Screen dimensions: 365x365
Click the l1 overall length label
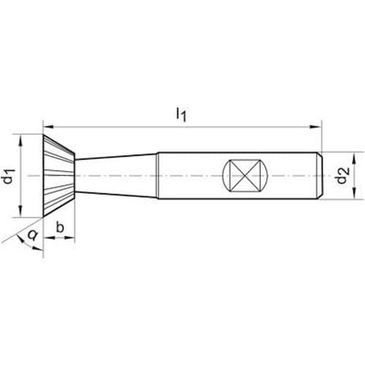point(181,115)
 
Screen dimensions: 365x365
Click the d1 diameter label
point(9,177)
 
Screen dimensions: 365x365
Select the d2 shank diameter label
point(342,176)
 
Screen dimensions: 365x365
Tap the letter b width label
point(60,227)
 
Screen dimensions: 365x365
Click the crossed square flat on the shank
point(245,176)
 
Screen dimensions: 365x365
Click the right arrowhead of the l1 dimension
point(315,126)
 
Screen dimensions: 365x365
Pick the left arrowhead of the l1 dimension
point(50,126)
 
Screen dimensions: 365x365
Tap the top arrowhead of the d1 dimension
point(20,141)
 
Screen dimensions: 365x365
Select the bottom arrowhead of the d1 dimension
point(20,211)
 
